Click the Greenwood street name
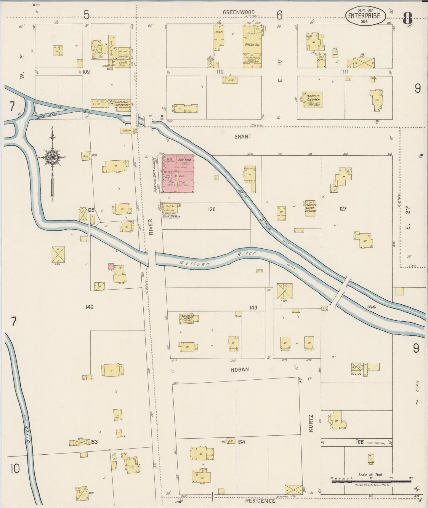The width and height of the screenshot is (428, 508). pyautogui.click(x=238, y=12)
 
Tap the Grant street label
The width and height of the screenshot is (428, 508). pyautogui.click(x=243, y=137)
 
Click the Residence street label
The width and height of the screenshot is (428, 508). pyautogui.click(x=260, y=501)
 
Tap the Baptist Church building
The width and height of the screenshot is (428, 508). pyautogui.click(x=312, y=100)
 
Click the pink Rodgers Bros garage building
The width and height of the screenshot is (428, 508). pyautogui.click(x=178, y=174)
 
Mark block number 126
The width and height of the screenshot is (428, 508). pyautogui.click(x=211, y=210)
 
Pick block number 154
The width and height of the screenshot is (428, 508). pyautogui.click(x=241, y=442)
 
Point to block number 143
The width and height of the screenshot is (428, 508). pyautogui.click(x=253, y=308)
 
